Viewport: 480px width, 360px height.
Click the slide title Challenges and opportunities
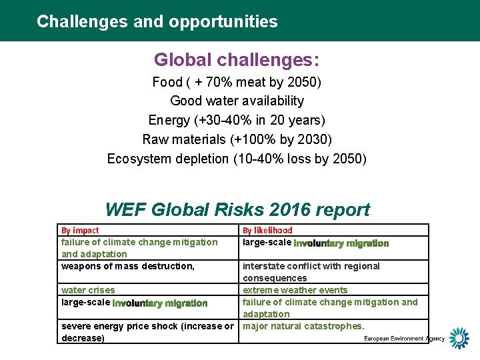[x=157, y=21]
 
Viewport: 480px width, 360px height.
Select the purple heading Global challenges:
[x=237, y=60]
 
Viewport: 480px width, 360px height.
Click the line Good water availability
[x=237, y=101]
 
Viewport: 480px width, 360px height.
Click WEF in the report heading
[x=125, y=209]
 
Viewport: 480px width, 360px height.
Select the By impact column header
[x=80, y=231]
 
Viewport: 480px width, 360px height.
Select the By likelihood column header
[x=267, y=231]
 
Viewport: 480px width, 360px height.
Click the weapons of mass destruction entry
[x=128, y=266]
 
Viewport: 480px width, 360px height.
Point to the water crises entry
[x=88, y=290]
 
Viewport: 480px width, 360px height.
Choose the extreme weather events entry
[x=295, y=290]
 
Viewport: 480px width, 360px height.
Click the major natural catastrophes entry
[x=303, y=326]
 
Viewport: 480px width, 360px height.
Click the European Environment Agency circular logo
[x=459, y=338]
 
